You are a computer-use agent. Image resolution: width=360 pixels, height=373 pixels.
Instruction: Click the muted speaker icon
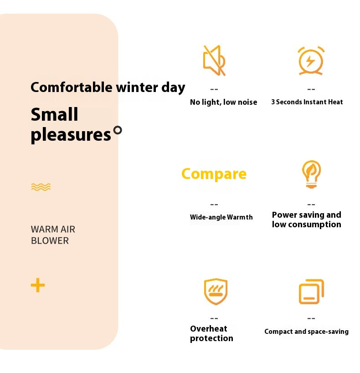coord(214,61)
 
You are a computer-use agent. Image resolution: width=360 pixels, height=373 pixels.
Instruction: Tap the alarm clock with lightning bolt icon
coord(311,61)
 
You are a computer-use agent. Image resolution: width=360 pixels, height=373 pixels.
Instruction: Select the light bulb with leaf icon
coord(311,174)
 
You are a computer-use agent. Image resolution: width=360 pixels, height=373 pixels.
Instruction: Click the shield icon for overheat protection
coord(215,291)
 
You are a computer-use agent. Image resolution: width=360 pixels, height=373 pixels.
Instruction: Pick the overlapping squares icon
coord(311,291)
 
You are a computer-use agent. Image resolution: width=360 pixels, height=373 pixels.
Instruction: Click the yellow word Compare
coord(214,174)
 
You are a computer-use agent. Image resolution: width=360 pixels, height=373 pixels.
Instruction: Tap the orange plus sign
coord(38,286)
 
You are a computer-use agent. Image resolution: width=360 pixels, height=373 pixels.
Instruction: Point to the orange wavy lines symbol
coord(41,187)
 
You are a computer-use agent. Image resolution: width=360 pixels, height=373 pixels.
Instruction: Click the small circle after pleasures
coord(118,130)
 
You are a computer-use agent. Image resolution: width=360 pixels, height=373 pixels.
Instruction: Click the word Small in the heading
coord(54,114)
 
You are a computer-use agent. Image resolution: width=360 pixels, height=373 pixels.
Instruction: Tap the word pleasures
coord(71,135)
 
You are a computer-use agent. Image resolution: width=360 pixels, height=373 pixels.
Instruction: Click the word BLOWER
coord(50,240)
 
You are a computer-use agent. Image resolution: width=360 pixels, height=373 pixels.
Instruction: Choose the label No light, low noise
coord(223,102)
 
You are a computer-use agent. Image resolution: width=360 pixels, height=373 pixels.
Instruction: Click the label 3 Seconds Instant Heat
coord(307,102)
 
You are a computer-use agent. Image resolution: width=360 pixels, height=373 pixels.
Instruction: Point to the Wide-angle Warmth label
coord(221,217)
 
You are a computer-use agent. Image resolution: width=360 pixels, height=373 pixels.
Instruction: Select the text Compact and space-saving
coord(306,332)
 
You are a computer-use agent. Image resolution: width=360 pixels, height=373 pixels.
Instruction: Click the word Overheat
coord(209,328)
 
